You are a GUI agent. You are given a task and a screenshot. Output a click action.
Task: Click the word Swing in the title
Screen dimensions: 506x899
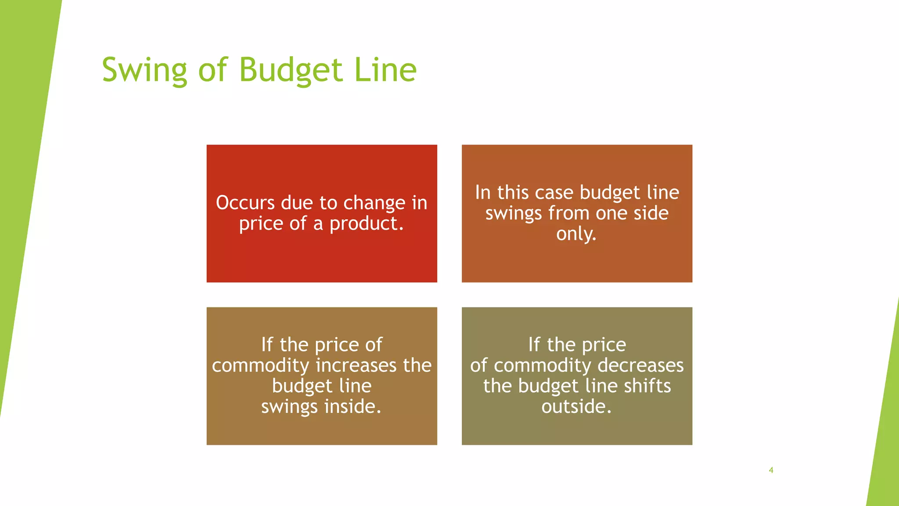(x=144, y=70)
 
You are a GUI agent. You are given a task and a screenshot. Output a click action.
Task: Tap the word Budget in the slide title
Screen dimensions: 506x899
(x=291, y=70)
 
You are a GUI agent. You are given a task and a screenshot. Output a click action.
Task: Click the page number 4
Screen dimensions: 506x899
(x=771, y=470)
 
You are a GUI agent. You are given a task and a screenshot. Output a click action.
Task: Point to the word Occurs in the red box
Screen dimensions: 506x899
(x=245, y=203)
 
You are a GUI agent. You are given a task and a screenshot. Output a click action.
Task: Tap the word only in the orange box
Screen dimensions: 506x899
(x=575, y=234)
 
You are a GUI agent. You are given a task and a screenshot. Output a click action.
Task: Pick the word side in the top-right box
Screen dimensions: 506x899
(x=650, y=213)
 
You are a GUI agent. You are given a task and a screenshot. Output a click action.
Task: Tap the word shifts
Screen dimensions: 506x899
(x=647, y=386)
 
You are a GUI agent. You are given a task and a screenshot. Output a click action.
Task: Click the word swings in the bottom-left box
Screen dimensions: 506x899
(x=289, y=407)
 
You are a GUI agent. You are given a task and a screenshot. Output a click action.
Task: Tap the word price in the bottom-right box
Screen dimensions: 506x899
(x=604, y=345)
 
